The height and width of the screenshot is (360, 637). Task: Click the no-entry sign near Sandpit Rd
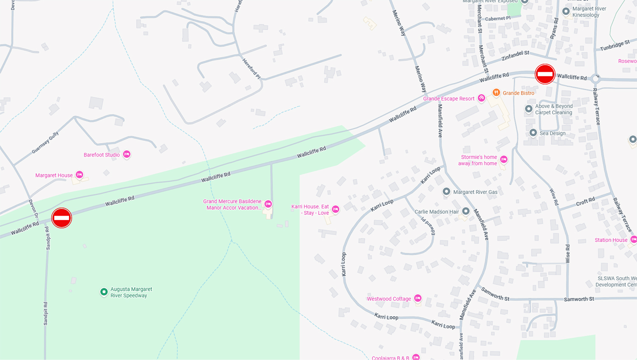point(62,218)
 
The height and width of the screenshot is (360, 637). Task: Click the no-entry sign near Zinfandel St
point(545,74)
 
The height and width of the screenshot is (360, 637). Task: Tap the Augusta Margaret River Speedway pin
point(104,292)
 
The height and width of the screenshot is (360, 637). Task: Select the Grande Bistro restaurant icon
point(496,93)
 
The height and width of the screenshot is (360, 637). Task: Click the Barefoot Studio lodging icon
point(127,155)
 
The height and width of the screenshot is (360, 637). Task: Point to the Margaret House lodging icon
point(79,175)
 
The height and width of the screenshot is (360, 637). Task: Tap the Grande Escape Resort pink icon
point(481,98)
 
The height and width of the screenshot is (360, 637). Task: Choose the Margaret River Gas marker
point(446,192)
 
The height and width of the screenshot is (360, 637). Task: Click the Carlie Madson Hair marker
point(466,211)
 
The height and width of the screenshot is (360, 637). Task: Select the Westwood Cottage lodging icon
point(418,298)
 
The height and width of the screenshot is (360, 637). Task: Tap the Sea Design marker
point(533,133)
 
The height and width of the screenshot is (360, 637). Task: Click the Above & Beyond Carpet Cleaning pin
point(529,109)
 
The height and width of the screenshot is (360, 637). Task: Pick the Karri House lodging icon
point(335,209)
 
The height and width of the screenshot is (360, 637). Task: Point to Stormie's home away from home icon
point(504,160)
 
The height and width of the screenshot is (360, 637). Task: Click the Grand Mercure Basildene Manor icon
point(268,204)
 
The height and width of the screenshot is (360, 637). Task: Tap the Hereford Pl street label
point(251,68)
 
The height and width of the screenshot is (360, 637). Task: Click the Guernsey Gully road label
point(45,143)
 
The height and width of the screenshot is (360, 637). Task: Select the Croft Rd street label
point(585,201)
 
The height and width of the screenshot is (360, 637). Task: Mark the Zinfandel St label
point(516,56)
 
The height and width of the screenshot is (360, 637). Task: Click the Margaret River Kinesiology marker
point(566,11)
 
